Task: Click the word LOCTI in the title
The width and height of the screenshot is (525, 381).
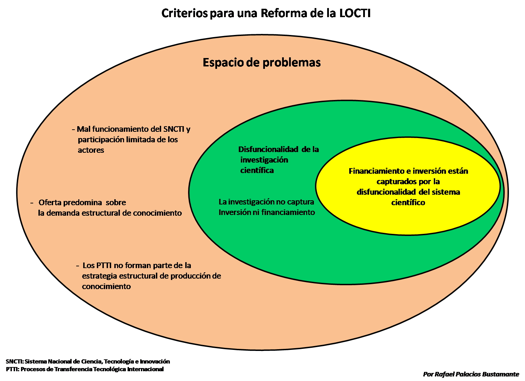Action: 355,14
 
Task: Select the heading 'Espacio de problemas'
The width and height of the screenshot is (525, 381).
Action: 262,63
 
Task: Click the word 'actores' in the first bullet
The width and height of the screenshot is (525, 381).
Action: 91,150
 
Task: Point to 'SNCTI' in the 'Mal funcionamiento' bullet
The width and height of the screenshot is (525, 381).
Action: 174,129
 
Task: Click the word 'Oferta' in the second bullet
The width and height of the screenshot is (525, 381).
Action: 50,203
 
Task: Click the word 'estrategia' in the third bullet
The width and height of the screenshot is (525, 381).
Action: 100,276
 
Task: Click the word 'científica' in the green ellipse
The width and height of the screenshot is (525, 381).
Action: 257,171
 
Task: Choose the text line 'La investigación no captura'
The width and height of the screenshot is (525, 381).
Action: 266,202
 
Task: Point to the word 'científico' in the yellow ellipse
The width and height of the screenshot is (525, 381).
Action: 408,203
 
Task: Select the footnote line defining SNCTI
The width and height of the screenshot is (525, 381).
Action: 88,361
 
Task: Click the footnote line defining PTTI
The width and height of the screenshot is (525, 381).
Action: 85,369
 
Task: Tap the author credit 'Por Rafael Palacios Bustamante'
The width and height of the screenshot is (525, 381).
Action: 471,374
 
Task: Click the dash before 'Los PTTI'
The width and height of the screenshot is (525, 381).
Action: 77,266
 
